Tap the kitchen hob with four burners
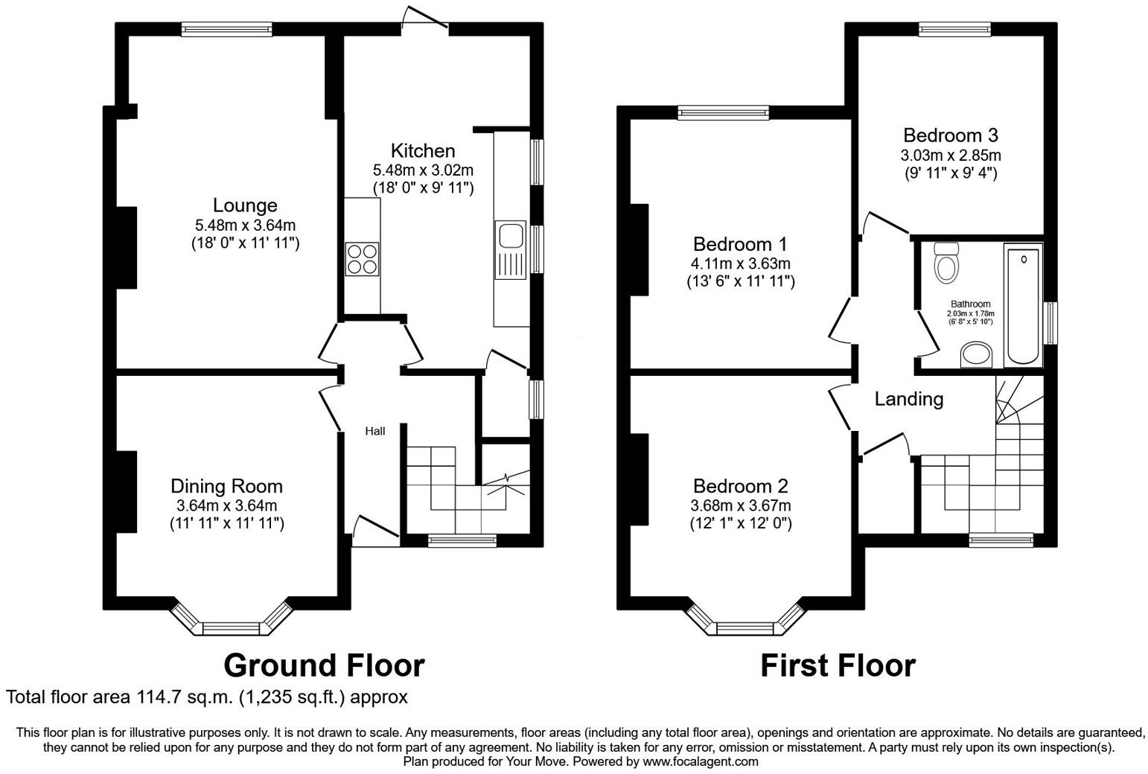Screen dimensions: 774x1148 [362, 259]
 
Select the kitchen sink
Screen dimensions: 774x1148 [511, 237]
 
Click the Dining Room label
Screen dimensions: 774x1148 [226, 486]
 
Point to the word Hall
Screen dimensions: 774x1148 [374, 432]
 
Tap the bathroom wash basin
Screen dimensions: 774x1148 [977, 355]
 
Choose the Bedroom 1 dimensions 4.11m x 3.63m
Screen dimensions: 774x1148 [741, 263]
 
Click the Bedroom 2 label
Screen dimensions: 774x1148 [740, 486]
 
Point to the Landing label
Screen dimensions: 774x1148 [908, 400]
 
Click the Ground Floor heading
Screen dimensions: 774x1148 [324, 665]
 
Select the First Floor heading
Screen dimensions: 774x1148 [838, 665]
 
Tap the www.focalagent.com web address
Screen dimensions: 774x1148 [701, 761]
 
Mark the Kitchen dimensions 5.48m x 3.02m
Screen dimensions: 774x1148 [423, 170]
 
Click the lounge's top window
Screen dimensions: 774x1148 [227, 30]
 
